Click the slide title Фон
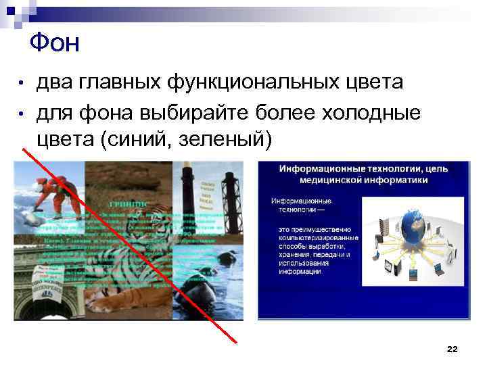click(x=55, y=43)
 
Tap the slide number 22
click(x=453, y=349)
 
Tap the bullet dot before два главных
click(x=22, y=84)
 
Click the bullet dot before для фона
click(x=22, y=112)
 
